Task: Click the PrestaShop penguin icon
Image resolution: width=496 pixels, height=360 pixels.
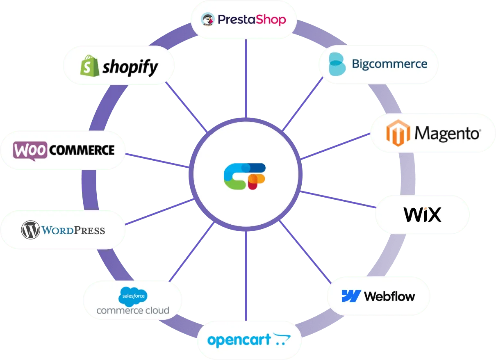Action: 207,19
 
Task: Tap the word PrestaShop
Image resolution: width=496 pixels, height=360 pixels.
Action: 252,19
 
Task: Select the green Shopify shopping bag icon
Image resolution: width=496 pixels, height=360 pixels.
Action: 90,66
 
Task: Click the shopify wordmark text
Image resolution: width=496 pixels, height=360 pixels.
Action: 130,66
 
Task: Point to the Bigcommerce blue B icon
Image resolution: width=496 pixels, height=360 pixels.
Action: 337,64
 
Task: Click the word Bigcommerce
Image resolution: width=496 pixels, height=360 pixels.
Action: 389,64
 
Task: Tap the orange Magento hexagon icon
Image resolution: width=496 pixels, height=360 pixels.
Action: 398,133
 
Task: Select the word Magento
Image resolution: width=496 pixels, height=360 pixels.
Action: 447,133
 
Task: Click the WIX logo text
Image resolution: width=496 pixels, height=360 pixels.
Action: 422,214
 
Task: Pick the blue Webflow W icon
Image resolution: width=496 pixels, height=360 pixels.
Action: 351,296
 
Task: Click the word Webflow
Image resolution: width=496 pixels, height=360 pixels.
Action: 389,296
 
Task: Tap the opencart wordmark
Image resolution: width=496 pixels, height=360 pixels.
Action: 239,340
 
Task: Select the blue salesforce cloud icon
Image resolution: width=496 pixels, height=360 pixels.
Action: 133,297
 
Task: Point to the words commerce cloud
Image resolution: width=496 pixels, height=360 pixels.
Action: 133,310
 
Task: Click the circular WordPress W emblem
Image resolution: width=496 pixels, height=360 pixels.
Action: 30,230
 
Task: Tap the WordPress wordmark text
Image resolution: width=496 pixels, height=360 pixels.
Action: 73,230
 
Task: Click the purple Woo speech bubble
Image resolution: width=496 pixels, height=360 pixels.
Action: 30,150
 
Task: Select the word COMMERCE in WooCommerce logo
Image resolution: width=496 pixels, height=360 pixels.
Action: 82,150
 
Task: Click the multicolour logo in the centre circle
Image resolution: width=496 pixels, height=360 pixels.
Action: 245,176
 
